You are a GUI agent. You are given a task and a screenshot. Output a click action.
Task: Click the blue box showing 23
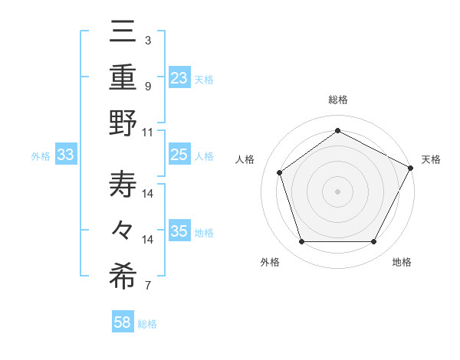[x=179, y=78]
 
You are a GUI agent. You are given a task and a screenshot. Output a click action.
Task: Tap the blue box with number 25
[x=179, y=155]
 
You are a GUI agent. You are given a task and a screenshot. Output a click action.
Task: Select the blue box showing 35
[x=179, y=231]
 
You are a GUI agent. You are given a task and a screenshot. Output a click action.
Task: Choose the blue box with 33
[x=66, y=155]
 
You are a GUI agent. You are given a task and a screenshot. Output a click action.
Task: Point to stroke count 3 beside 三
[x=148, y=39]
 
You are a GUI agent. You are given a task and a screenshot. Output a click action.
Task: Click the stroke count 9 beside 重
[x=148, y=86]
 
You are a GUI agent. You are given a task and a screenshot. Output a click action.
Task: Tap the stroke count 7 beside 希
[x=148, y=286]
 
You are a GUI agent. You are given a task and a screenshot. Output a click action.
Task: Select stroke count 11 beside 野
[x=148, y=131]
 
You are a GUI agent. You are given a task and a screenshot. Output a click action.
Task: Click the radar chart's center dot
[x=337, y=191]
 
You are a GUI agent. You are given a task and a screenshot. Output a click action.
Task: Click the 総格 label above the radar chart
[x=337, y=100]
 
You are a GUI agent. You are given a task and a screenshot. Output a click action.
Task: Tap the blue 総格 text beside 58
[x=147, y=324]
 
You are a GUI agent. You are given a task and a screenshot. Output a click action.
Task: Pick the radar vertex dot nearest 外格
[x=301, y=242]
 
